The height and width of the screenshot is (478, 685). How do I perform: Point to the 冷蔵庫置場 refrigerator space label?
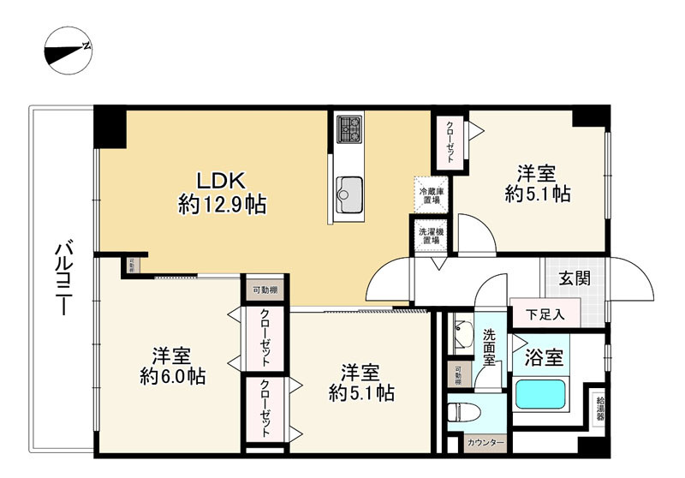(x=430, y=194)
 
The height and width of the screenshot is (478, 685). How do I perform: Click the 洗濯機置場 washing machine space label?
(x=430, y=236)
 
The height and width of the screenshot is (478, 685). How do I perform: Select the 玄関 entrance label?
(x=574, y=278)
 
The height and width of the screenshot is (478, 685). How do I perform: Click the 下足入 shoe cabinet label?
(x=545, y=313)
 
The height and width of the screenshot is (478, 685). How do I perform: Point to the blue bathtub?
(x=542, y=397)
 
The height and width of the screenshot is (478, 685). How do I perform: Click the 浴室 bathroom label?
(x=544, y=358)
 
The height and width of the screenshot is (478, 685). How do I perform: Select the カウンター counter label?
(x=485, y=444)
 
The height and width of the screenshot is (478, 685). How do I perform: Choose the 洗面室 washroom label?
(x=491, y=347)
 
